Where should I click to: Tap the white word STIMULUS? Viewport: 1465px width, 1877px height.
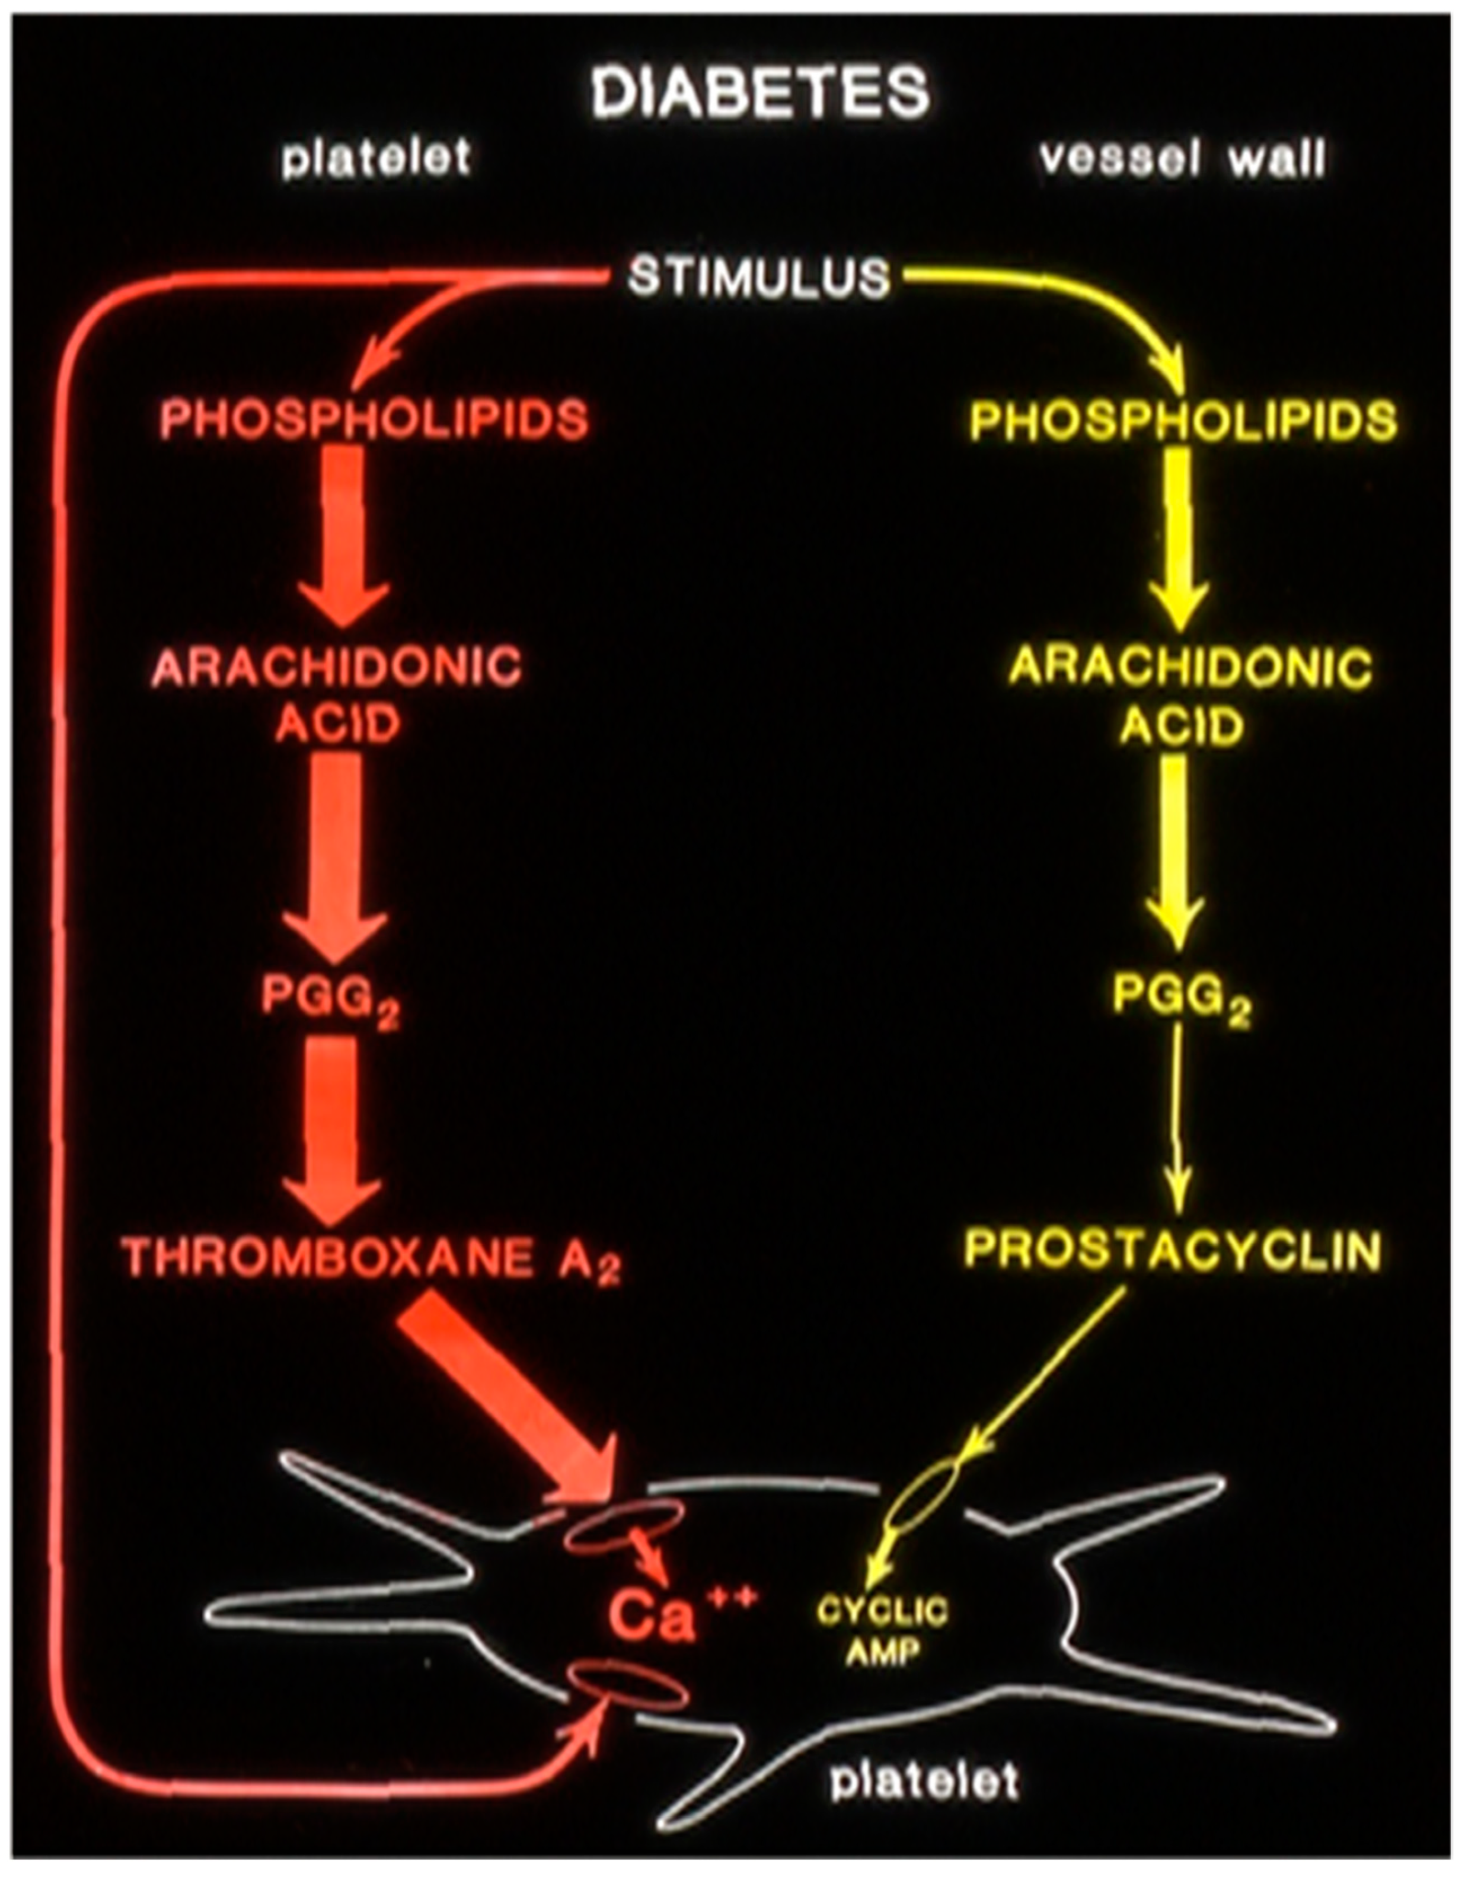759,278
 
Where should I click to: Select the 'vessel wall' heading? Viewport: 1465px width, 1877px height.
1182,160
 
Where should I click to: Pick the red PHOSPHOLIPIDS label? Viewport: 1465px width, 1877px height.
374,420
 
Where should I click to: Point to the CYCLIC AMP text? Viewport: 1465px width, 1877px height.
882,1630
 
